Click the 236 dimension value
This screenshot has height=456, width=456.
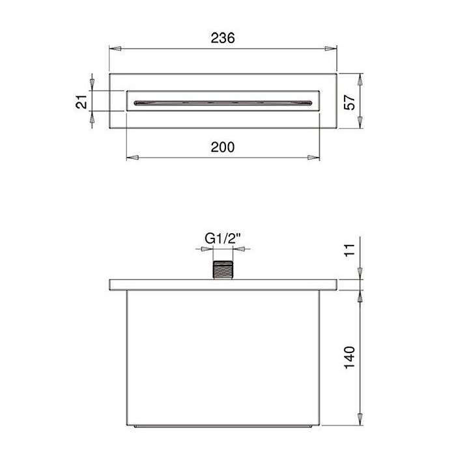(x=223, y=38)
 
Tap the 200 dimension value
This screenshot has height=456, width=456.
(x=223, y=147)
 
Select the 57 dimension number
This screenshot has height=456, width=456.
(x=350, y=102)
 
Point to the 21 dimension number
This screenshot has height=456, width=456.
(x=81, y=102)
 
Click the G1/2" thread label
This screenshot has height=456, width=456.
(x=223, y=239)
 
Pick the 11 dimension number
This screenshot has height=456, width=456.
(x=350, y=249)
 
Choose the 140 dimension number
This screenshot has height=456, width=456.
(x=350, y=358)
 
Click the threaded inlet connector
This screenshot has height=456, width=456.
(x=223, y=270)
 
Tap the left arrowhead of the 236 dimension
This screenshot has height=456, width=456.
(x=115, y=49)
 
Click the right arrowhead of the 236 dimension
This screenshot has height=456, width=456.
(x=331, y=49)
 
